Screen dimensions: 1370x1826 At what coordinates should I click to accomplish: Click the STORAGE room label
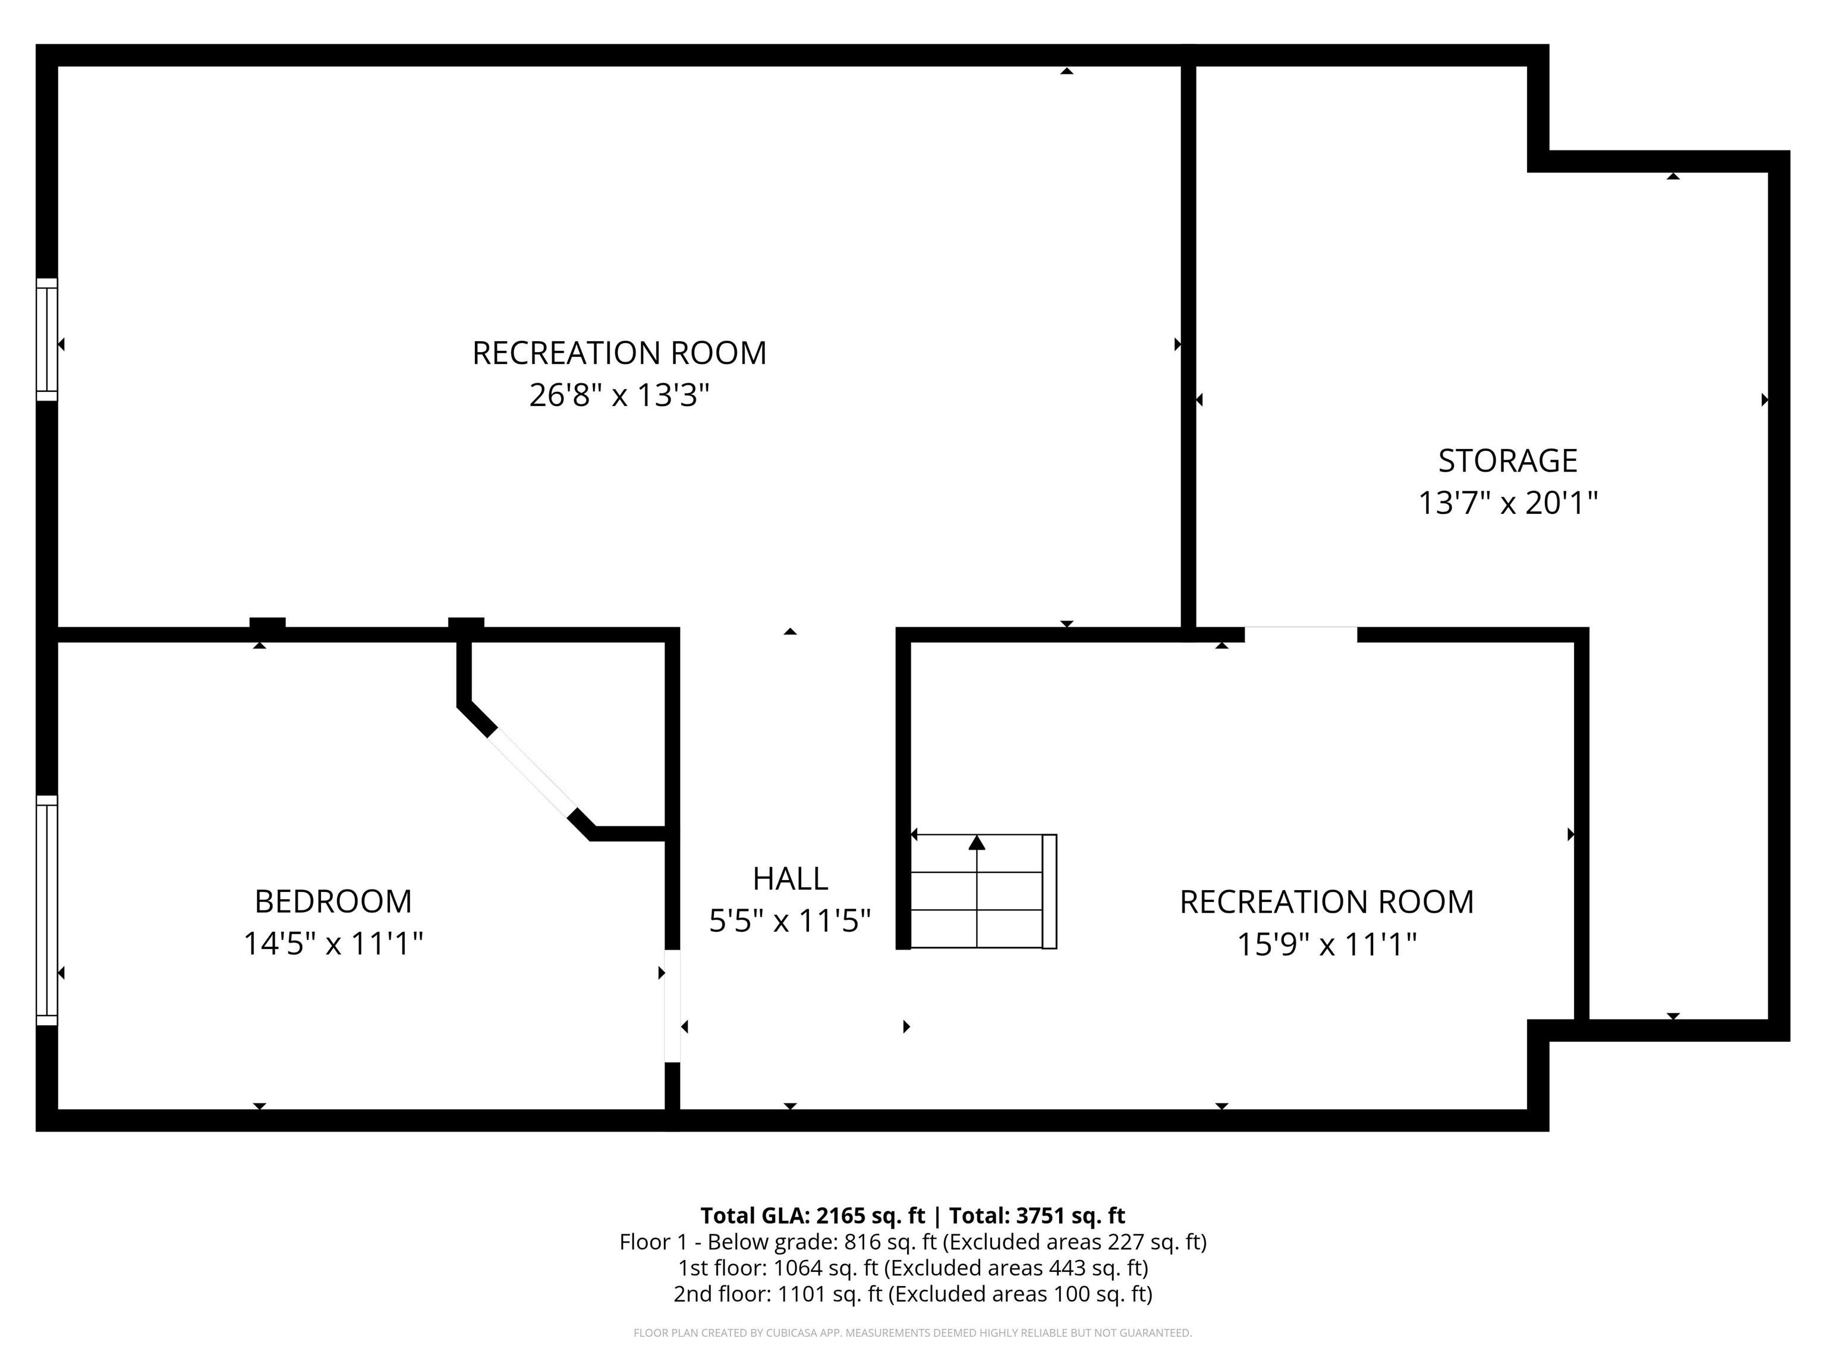coord(1507,461)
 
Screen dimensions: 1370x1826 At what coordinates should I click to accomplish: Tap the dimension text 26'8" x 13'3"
coord(619,395)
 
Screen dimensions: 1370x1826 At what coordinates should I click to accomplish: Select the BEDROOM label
coord(333,901)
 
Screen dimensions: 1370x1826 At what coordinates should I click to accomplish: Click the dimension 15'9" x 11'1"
coord(1326,944)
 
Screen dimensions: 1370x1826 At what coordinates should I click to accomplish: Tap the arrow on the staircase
coord(977,843)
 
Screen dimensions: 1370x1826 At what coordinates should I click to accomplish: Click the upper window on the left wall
coord(47,340)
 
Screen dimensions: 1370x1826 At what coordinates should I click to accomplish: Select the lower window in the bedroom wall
coord(47,910)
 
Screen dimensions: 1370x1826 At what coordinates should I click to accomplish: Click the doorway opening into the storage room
coord(1300,634)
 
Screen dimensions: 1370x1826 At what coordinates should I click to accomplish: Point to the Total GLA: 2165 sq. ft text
coord(813,1215)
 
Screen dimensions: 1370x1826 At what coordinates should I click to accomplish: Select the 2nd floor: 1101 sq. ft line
coord(913,1293)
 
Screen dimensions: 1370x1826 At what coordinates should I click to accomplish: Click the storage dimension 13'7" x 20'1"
coord(1507,503)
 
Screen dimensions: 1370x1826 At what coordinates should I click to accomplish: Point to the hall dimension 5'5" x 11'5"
coord(790,920)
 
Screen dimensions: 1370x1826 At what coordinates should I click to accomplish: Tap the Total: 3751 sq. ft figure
coord(1037,1215)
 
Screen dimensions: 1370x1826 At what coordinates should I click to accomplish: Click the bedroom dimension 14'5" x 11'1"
coord(333,943)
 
